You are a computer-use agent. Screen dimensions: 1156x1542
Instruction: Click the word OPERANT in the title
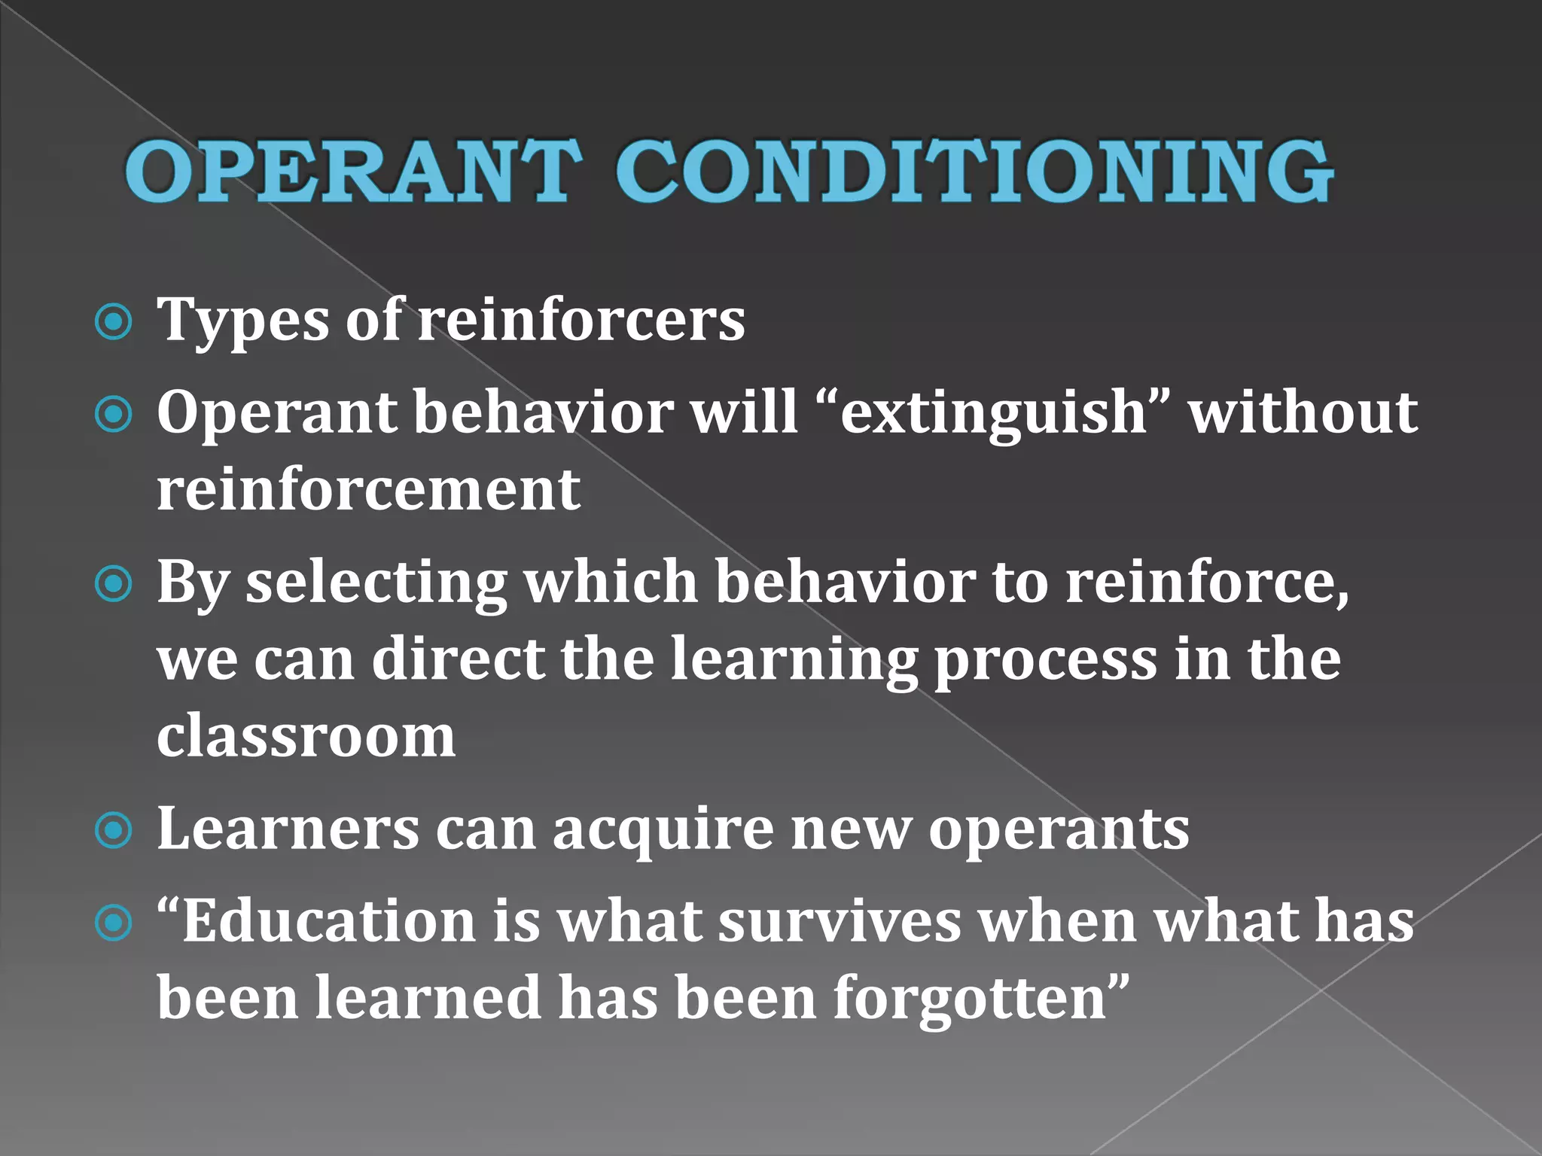[x=354, y=172]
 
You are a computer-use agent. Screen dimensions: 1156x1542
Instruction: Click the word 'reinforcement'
[x=368, y=490]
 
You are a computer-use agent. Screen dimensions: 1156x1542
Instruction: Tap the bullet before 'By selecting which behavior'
[x=114, y=585]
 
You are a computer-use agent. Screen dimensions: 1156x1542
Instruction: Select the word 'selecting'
[x=377, y=585]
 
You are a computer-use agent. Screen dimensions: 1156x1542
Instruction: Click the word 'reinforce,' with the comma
[x=1208, y=583]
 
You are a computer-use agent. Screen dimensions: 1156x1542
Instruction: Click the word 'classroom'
[x=306, y=736]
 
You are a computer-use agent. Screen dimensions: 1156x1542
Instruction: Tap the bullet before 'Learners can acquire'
[x=114, y=831]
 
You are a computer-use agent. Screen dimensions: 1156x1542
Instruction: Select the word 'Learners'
[x=288, y=829]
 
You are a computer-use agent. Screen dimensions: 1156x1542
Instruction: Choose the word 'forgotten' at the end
[x=974, y=999]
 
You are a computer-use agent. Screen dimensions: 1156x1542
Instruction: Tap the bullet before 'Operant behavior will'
[x=114, y=414]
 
